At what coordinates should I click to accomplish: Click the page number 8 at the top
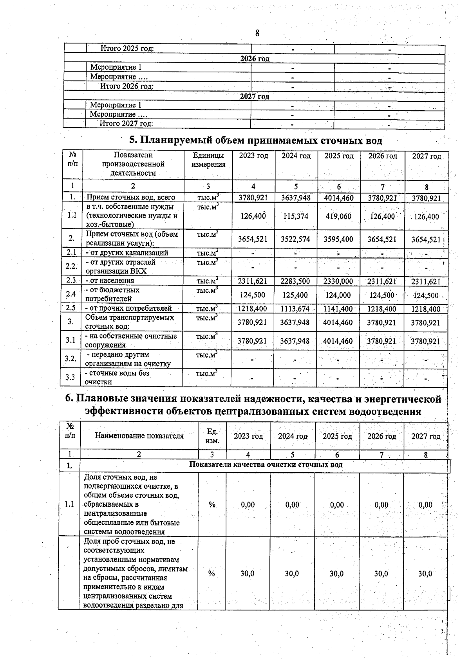click(x=257, y=33)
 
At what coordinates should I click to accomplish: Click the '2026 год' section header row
click(x=255, y=59)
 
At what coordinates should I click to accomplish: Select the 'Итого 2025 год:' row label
click(x=127, y=49)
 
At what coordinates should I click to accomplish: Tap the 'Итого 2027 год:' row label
click(x=126, y=124)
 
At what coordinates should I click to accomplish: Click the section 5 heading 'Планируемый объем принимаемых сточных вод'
click(x=255, y=140)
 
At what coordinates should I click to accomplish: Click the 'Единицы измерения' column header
click(x=208, y=160)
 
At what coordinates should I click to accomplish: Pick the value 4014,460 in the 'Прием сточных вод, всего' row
click(x=338, y=198)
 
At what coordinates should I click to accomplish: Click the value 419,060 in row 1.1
click(x=338, y=216)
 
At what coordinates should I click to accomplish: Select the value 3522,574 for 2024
click(x=295, y=239)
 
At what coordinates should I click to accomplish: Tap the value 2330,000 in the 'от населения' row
click(x=338, y=281)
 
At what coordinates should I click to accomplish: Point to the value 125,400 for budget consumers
click(x=295, y=295)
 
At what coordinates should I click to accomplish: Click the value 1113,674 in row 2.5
click(x=295, y=309)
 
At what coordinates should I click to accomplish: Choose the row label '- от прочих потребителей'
click(x=128, y=308)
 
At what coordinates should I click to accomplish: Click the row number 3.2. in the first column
click(x=70, y=358)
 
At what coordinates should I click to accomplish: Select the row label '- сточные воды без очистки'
click(x=117, y=377)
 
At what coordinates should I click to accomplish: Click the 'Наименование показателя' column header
click(x=139, y=436)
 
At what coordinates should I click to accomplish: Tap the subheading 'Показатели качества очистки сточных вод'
click(x=266, y=465)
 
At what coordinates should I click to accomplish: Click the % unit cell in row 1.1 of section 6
click(x=212, y=505)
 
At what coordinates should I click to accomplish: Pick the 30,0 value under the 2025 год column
click(x=336, y=574)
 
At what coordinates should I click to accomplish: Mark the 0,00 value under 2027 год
click(x=425, y=505)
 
